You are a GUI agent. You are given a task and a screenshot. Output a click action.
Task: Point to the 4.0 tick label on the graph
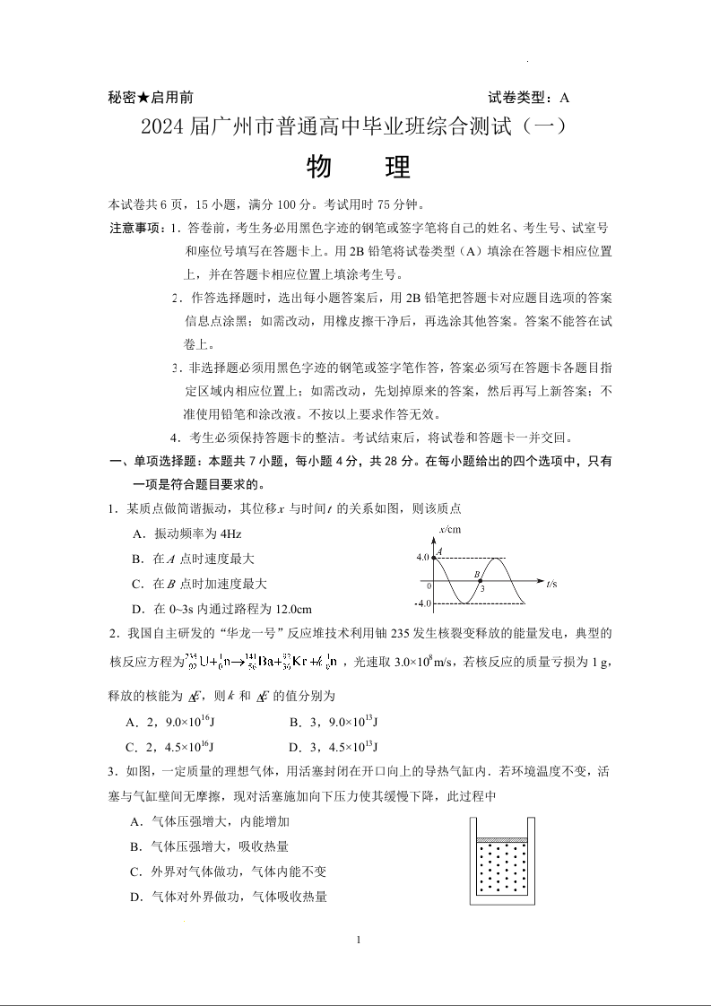pos(423,558)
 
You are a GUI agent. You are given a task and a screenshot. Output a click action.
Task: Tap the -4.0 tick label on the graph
pos(422,603)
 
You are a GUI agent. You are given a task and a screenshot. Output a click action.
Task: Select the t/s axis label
pos(551,584)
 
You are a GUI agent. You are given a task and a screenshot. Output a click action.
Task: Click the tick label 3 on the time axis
pos(482,590)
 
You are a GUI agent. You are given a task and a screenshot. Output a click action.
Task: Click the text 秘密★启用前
pos(150,98)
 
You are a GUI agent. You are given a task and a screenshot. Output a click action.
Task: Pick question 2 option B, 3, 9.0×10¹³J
pos(334,722)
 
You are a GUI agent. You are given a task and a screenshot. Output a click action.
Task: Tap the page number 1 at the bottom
pos(358,940)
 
